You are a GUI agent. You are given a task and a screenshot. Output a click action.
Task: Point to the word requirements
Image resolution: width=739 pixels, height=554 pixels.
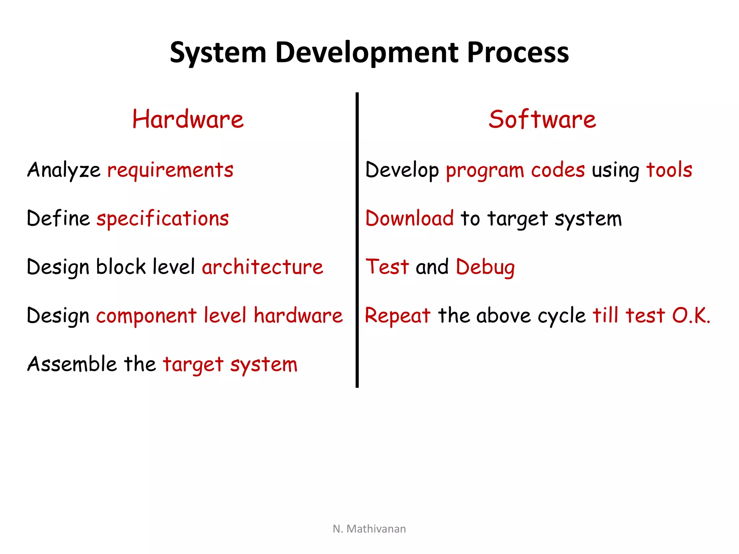[170, 170]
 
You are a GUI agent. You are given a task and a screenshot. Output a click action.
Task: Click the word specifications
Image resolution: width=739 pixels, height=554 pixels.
[163, 219]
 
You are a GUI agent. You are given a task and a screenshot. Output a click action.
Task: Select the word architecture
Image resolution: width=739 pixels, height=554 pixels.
[262, 267]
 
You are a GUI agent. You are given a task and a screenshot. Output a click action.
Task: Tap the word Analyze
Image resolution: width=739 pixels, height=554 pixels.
[64, 170]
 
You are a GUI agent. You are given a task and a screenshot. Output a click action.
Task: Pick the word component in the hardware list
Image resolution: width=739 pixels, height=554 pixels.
[146, 316]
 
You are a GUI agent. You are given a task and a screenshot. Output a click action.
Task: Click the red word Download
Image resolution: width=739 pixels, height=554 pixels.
[409, 218]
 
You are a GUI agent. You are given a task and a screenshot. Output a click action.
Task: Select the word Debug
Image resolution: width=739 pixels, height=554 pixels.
[485, 268]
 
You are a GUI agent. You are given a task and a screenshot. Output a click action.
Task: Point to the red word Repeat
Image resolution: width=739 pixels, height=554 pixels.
[398, 316]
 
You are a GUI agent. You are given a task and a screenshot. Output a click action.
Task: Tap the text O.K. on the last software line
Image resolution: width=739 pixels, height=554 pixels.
[691, 316]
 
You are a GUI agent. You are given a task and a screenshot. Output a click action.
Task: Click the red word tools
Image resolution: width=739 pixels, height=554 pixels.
[669, 170]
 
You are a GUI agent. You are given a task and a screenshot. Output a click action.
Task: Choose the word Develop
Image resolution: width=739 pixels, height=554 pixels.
[402, 170]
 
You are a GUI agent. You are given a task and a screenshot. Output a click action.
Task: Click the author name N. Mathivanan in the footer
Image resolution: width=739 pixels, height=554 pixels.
[369, 529]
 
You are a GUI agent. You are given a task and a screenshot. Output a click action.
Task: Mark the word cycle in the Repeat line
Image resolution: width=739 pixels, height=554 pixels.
[561, 316]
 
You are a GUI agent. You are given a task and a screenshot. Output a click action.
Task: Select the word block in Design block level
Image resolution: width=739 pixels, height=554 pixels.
[121, 267]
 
